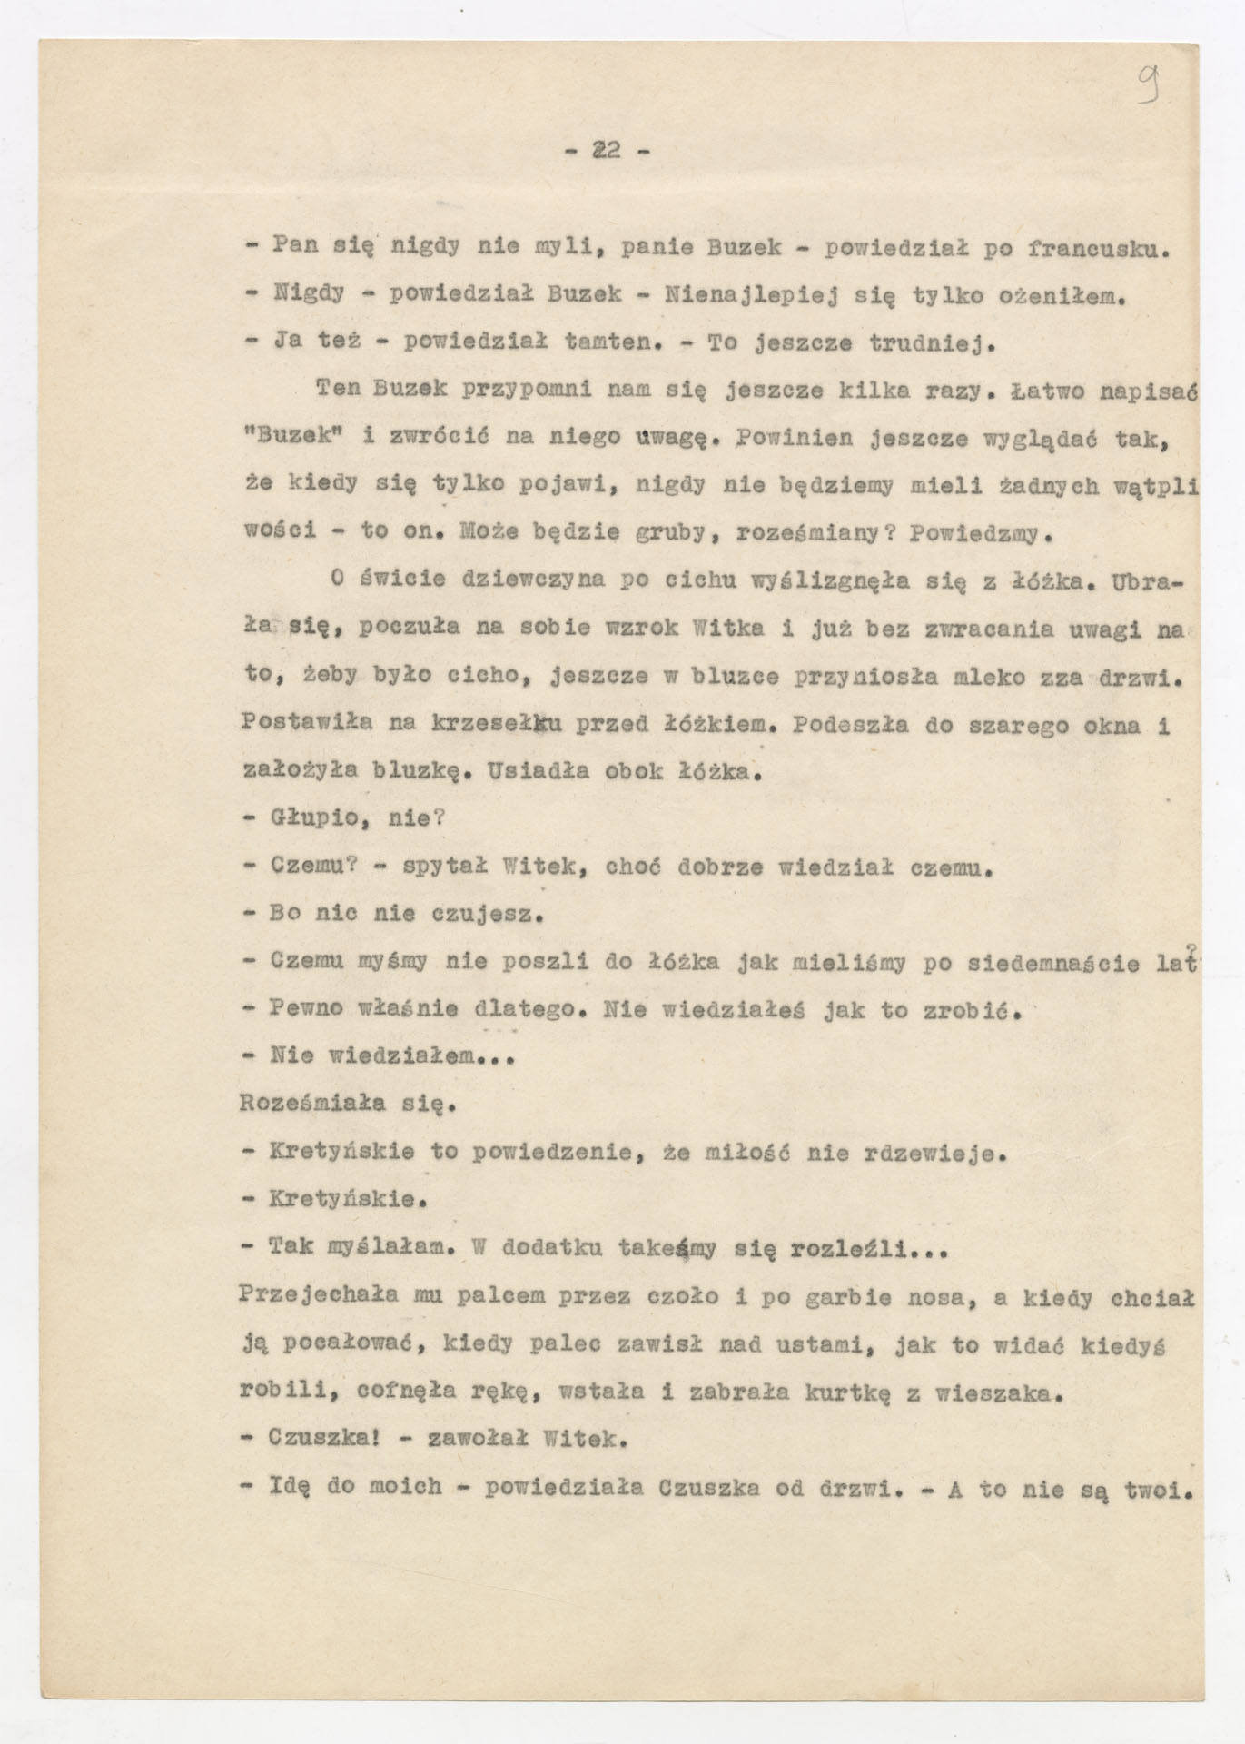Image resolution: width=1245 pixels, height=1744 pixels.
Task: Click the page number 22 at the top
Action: click(607, 151)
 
